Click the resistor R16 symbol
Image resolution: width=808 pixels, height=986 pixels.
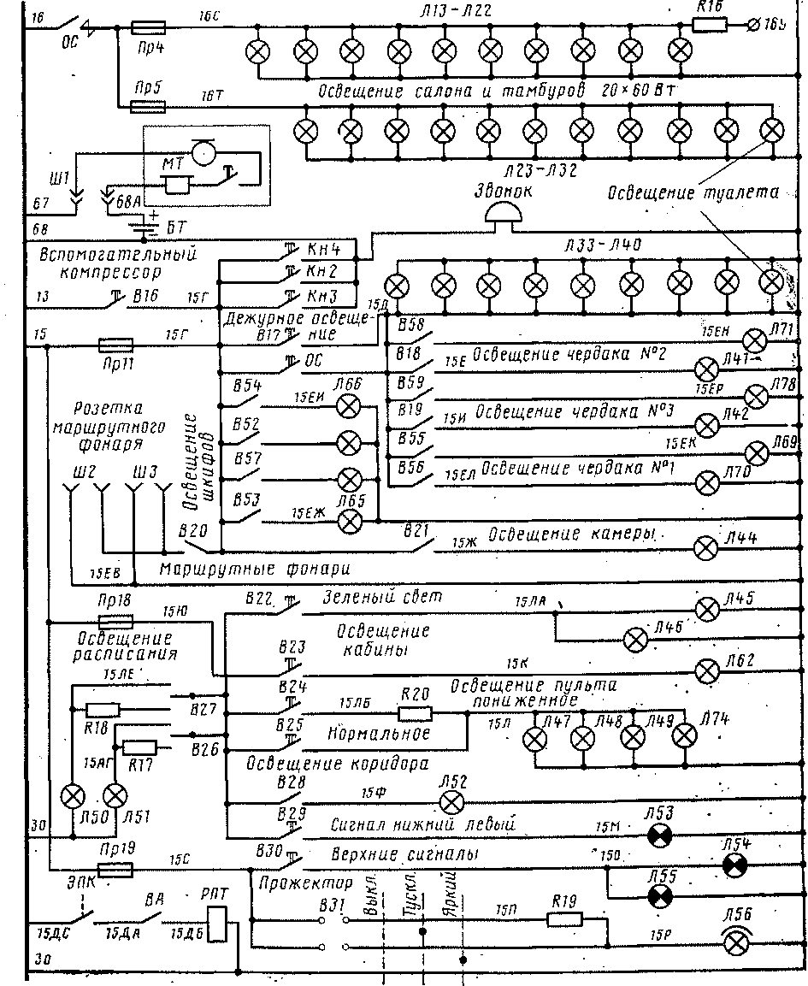[x=709, y=25]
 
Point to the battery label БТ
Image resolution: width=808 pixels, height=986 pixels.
[x=175, y=227]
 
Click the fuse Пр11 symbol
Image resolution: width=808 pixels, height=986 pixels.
[x=115, y=345]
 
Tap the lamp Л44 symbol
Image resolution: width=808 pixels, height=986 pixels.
[x=706, y=546]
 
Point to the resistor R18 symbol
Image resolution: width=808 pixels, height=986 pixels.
[x=103, y=708]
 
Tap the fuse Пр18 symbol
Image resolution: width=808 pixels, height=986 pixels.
[x=115, y=622]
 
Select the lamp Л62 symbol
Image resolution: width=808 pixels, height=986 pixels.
[x=706, y=670]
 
